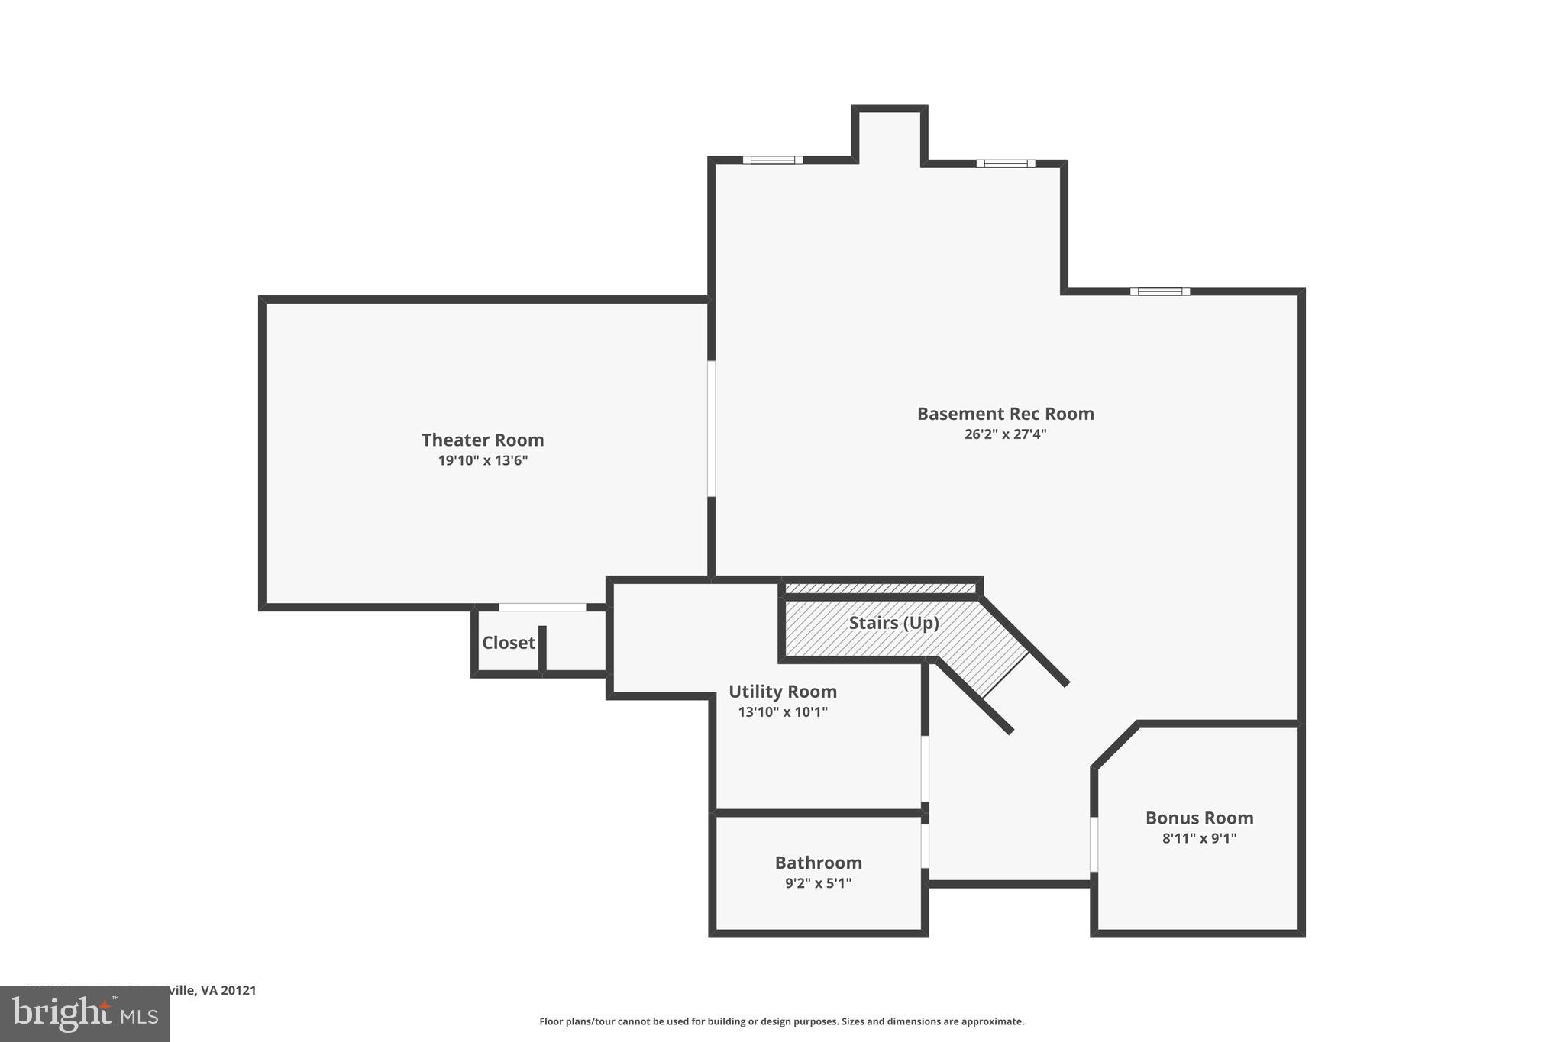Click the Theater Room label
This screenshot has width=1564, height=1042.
483,440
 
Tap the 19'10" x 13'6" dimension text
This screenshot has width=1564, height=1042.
483,460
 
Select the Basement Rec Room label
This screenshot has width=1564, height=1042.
1005,414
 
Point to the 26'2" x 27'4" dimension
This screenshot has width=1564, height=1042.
1005,434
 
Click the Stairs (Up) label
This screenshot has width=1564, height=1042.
893,623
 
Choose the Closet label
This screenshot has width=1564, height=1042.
508,643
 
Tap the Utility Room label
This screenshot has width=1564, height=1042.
782,692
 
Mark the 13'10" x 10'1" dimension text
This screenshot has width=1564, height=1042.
782,712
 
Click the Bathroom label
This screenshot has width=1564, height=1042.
818,863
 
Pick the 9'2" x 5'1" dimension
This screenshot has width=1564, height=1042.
818,883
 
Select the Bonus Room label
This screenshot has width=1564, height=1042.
1199,818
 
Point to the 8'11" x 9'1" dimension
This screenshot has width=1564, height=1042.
1199,838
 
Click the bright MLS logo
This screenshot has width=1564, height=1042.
85,1014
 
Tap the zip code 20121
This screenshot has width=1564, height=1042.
237,990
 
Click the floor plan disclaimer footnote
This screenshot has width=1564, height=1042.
781,1021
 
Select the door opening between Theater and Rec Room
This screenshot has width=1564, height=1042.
711,429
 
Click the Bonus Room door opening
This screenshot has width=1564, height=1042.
1094,844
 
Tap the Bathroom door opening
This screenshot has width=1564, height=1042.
925,846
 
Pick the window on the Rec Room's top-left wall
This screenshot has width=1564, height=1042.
772,160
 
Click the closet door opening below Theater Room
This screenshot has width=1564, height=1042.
543,608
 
